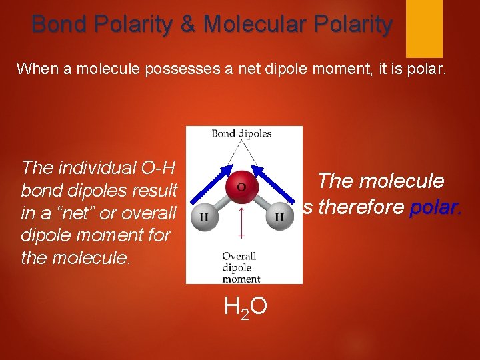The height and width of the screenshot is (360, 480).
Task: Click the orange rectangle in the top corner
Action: (424, 28)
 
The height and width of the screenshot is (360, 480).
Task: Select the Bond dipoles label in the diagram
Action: (241, 133)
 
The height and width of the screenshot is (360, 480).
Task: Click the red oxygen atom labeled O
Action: (241, 187)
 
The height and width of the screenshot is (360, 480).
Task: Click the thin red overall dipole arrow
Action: (241, 223)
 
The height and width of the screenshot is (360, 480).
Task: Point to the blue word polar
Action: (435, 207)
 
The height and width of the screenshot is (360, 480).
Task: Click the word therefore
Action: (362, 207)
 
